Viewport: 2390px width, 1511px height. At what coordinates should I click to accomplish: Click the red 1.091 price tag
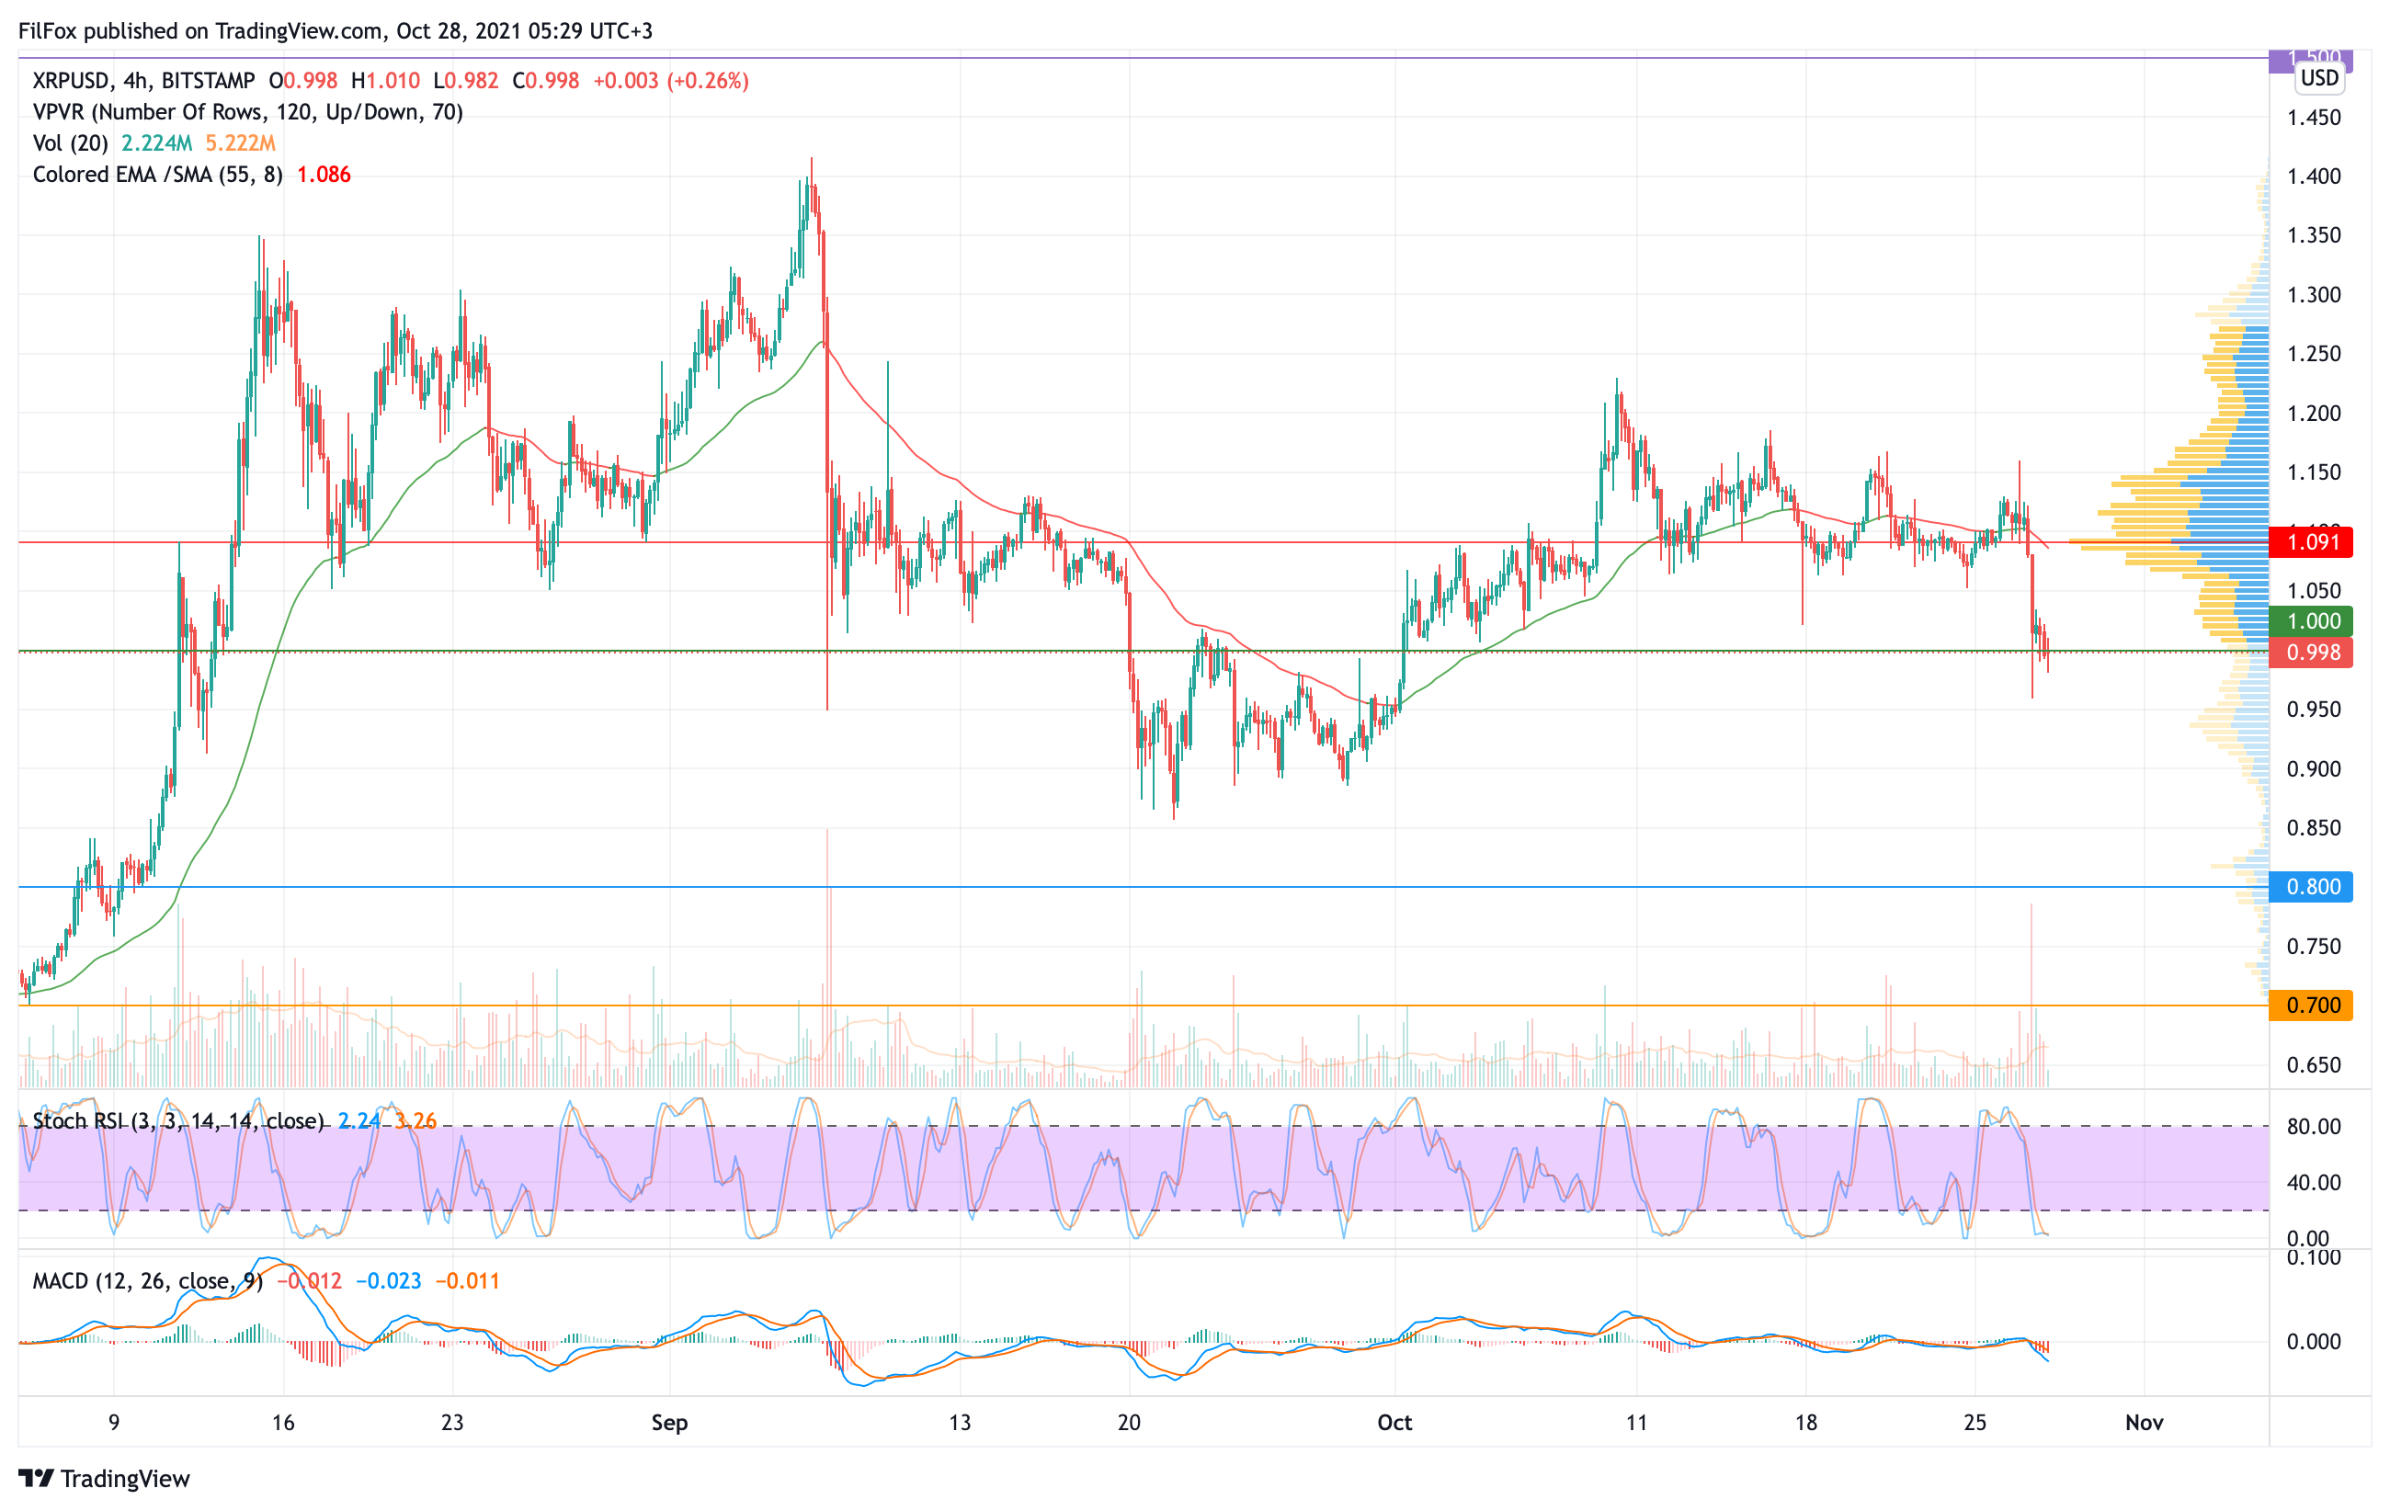pyautogui.click(x=2312, y=542)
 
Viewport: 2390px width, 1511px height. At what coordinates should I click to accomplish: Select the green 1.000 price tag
pyautogui.click(x=2312, y=622)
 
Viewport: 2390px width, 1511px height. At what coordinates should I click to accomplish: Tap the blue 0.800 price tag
pyautogui.click(x=2312, y=887)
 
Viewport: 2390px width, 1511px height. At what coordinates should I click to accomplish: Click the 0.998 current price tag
pyautogui.click(x=2312, y=653)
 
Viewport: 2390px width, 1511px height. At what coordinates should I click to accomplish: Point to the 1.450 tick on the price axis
pyautogui.click(x=2314, y=118)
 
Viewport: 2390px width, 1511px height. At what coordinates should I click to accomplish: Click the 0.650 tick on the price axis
pyautogui.click(x=2314, y=1065)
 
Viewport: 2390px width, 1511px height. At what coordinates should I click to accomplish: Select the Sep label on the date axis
pyautogui.click(x=669, y=1423)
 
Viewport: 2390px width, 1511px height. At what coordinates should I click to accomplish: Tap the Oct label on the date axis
pyautogui.click(x=1394, y=1423)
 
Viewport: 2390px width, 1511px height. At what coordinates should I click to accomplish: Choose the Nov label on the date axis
pyautogui.click(x=2144, y=1423)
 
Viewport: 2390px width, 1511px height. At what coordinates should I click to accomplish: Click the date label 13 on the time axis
pyautogui.click(x=959, y=1423)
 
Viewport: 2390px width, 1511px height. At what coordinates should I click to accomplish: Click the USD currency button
pyautogui.click(x=2319, y=78)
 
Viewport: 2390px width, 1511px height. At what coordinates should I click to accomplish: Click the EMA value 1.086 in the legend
pyautogui.click(x=324, y=176)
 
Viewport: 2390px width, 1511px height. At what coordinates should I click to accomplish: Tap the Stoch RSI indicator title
pyautogui.click(x=177, y=1121)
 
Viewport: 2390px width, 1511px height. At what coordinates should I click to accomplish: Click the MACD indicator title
pyautogui.click(x=147, y=1282)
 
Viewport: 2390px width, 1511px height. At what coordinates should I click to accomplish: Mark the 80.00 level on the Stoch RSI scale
pyautogui.click(x=2314, y=1127)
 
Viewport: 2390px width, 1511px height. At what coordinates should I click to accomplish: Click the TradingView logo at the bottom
pyautogui.click(x=104, y=1479)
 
